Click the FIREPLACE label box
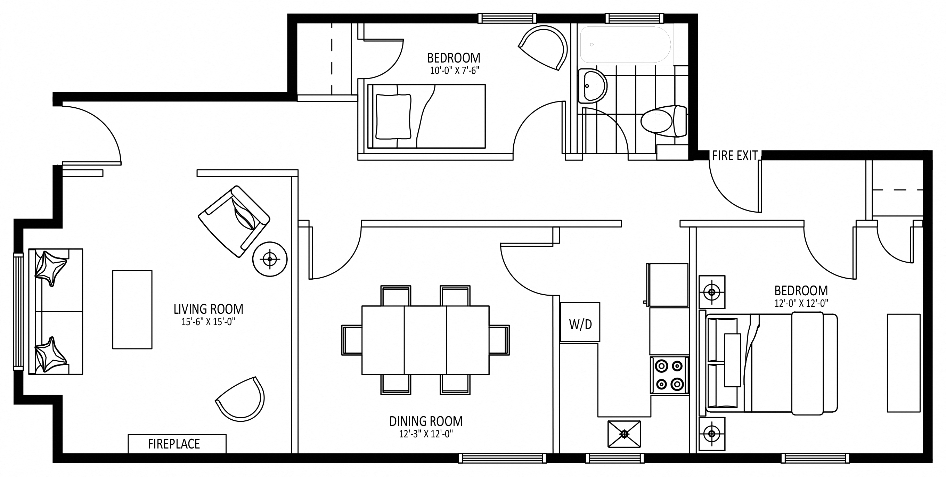[177, 444]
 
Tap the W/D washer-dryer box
[580, 322]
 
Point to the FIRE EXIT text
[735, 156]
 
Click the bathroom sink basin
[592, 85]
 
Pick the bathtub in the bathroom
[626, 45]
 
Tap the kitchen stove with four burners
[669, 375]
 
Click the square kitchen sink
[624, 434]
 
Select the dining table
[425, 340]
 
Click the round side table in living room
[270, 259]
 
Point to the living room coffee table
[132, 310]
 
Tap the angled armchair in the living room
[234, 221]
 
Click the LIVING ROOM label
[208, 309]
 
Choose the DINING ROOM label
[426, 421]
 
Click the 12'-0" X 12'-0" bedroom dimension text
[801, 303]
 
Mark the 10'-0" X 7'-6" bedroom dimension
[455, 71]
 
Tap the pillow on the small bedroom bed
[393, 117]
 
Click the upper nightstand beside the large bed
[712, 292]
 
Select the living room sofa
[56, 312]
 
